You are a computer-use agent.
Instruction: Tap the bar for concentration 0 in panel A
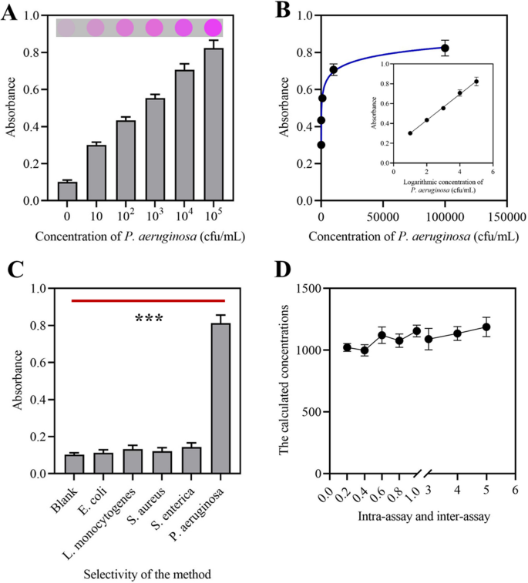67,191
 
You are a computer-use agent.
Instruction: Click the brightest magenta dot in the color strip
213,28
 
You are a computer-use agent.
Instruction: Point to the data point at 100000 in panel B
445,48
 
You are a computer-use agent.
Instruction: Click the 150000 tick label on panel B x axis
506,216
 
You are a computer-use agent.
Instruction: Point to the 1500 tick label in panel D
305,288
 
